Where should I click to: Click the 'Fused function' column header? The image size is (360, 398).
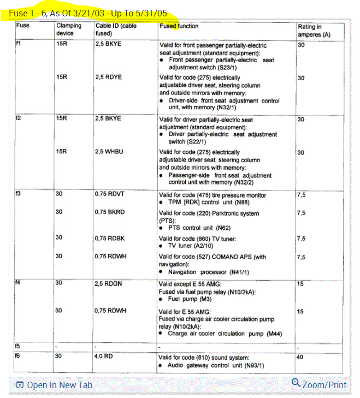click(179, 26)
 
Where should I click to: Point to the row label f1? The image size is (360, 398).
click(20, 44)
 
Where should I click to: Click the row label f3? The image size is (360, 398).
click(20, 194)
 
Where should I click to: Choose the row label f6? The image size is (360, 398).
click(20, 357)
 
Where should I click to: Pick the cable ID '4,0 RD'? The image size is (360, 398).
click(104, 357)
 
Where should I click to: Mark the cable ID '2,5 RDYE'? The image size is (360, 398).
click(108, 78)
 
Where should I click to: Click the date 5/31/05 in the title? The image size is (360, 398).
click(151, 11)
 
